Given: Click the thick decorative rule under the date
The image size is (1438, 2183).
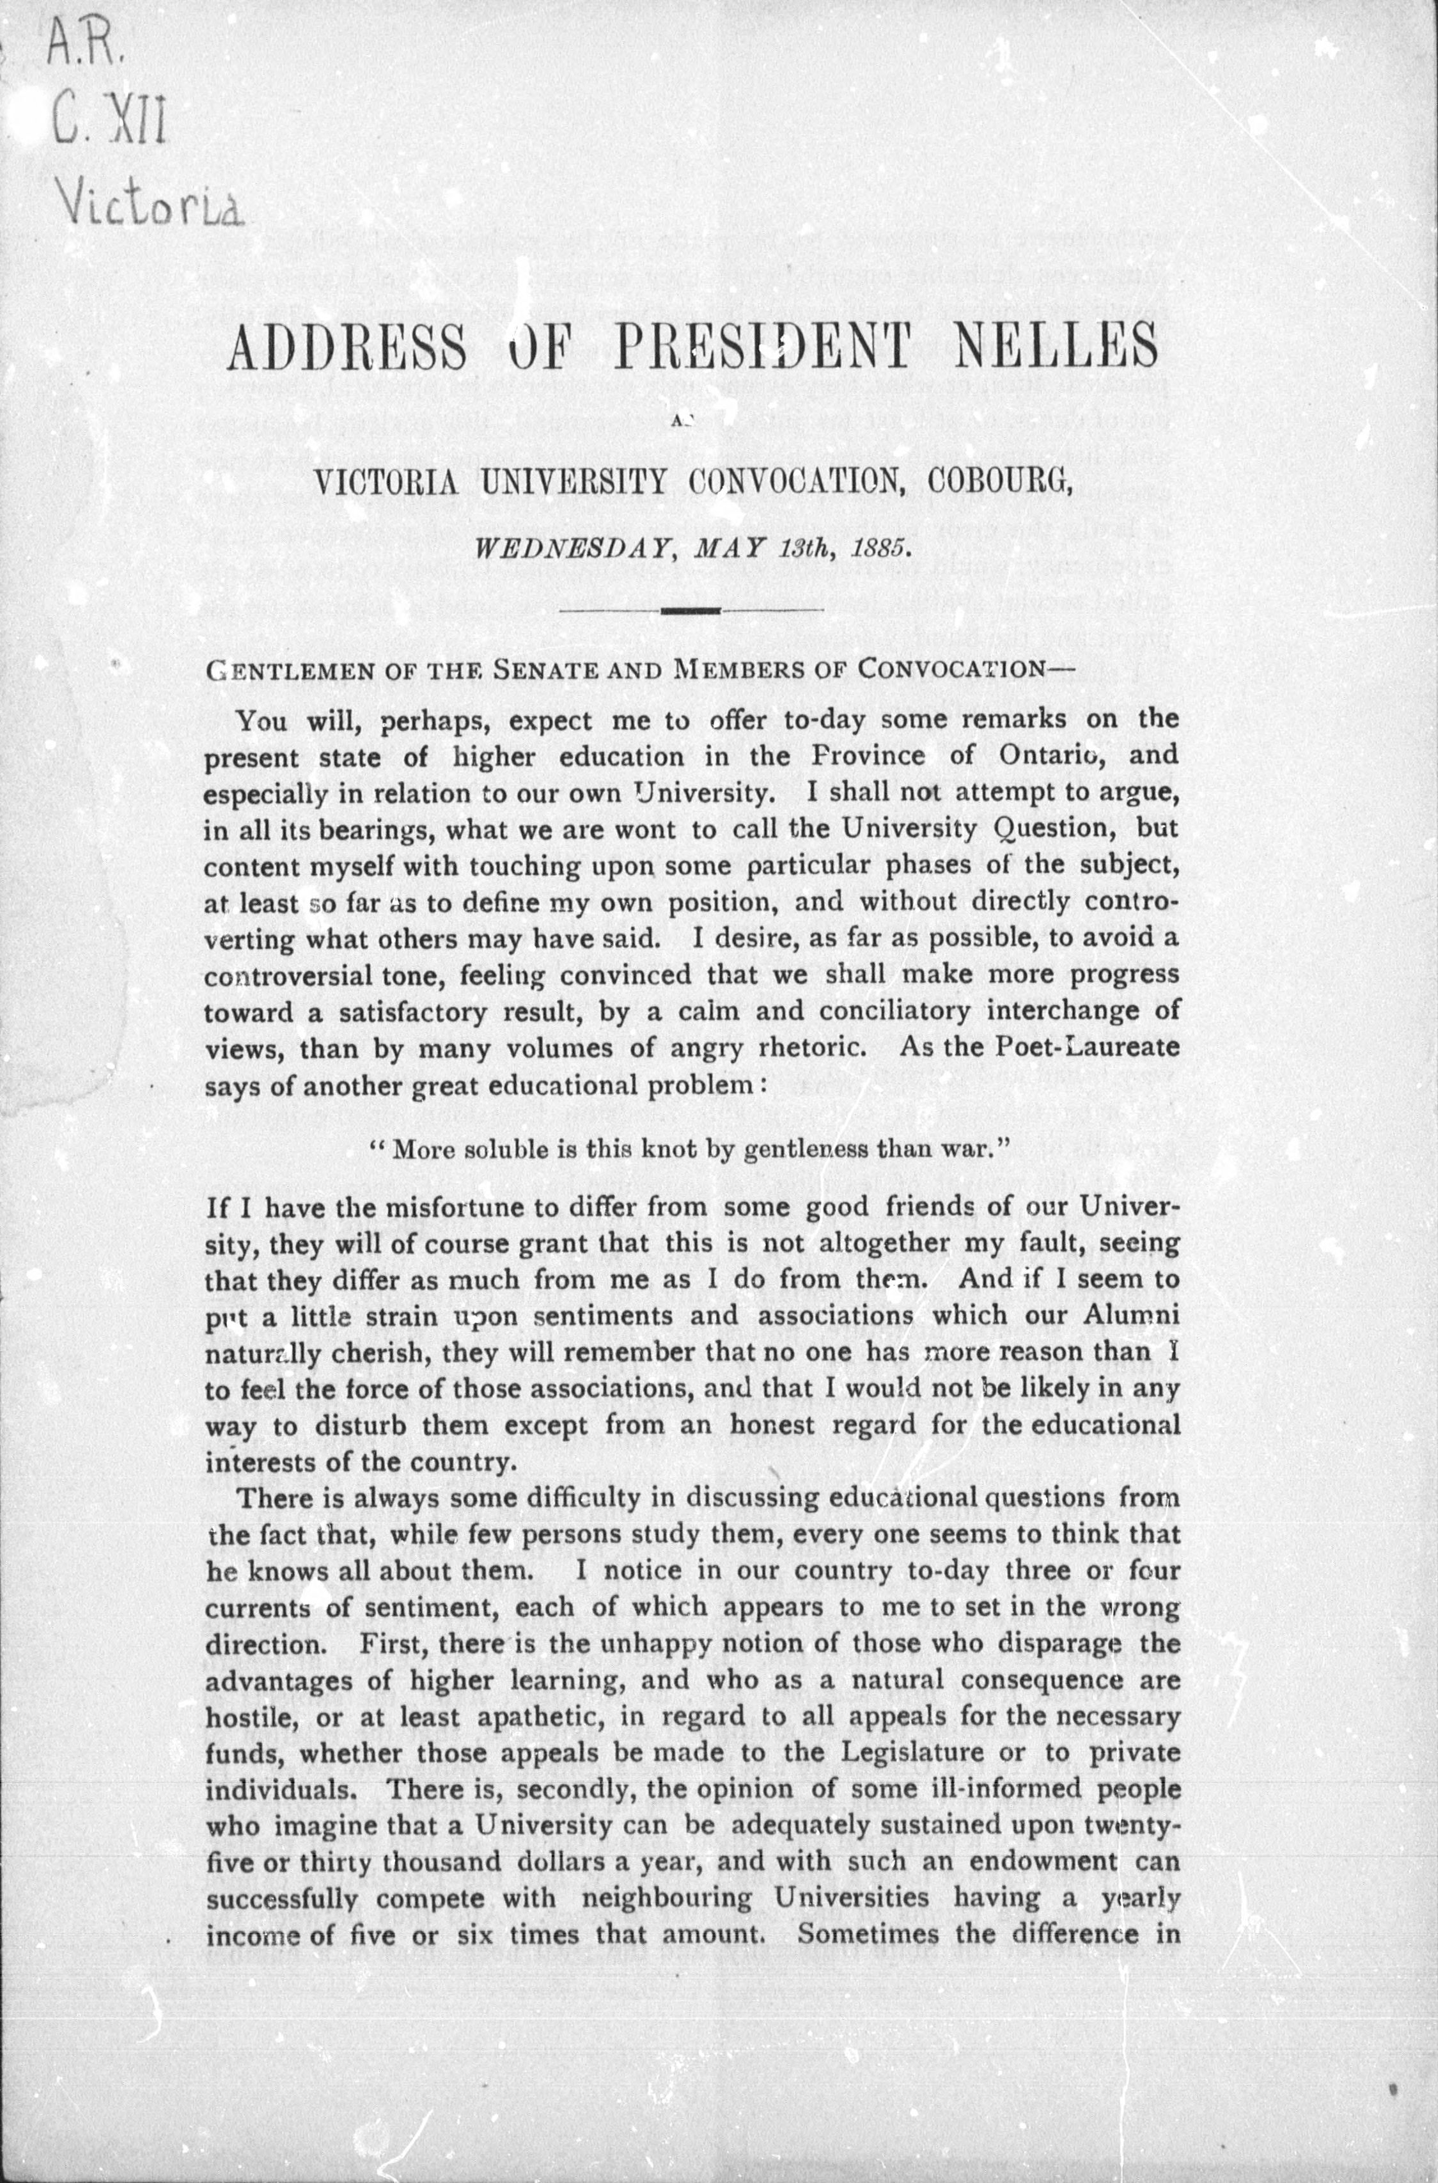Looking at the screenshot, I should pyautogui.click(x=690, y=611).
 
